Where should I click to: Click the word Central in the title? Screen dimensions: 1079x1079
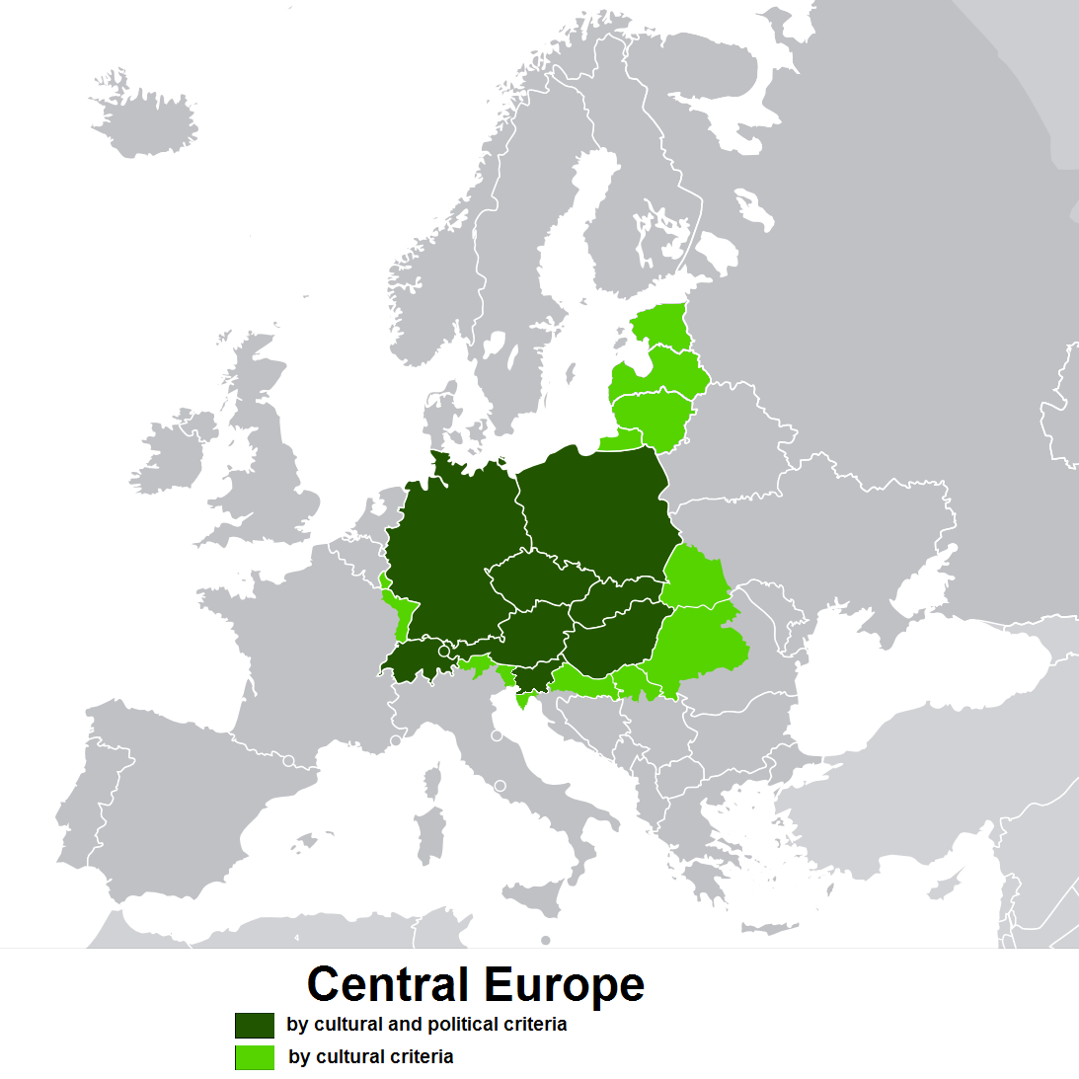coord(388,984)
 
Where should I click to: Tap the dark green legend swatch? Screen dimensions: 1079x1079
coord(255,1025)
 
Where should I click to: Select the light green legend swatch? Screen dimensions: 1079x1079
coord(255,1057)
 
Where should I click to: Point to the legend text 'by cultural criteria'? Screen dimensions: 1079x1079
coord(371,1057)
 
